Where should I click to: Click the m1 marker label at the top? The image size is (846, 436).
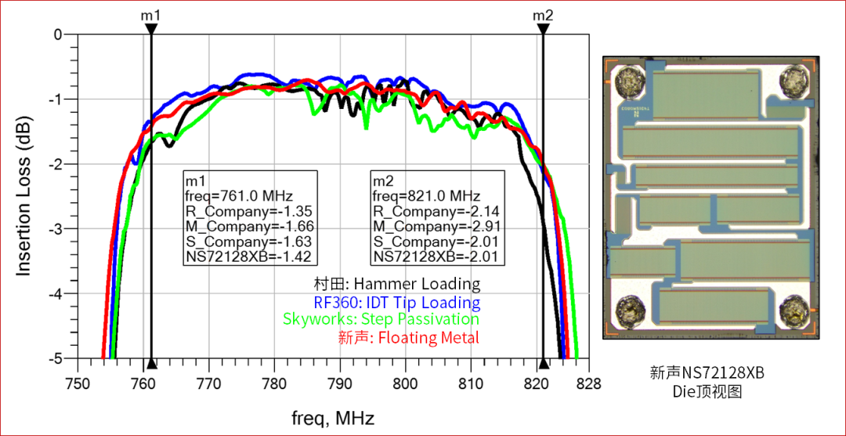pyautogui.click(x=151, y=15)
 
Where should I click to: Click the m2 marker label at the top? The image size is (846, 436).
pyautogui.click(x=543, y=15)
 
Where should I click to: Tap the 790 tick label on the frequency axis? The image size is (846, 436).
pyautogui.click(x=339, y=383)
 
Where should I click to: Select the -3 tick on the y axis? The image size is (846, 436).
pyautogui.click(x=56, y=229)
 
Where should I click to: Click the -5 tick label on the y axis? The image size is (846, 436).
pyautogui.click(x=56, y=358)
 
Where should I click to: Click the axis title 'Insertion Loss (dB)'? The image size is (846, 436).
pyautogui.click(x=24, y=196)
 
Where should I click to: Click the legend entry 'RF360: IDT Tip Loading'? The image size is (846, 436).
pyautogui.click(x=391, y=303)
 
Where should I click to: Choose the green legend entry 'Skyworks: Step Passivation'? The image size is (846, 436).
pyautogui.click(x=381, y=320)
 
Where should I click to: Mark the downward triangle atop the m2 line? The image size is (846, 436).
pyautogui.click(x=543, y=29)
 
